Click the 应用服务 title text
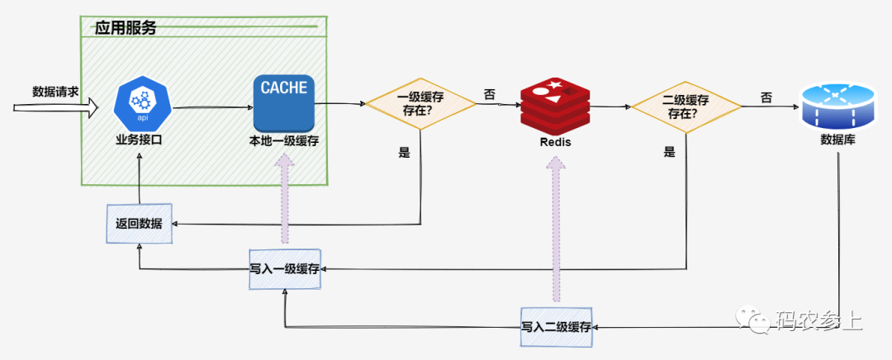pyautogui.click(x=126, y=27)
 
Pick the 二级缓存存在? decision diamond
pyautogui.click(x=686, y=106)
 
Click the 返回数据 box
pyautogui.click(x=140, y=224)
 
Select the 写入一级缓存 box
pyautogui.click(x=285, y=268)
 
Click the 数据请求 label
pyautogui.click(x=55, y=91)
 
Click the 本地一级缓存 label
pyautogui.click(x=284, y=140)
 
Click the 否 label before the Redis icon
pyautogui.click(x=489, y=95)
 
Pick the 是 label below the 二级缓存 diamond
pyautogui.click(x=670, y=152)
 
